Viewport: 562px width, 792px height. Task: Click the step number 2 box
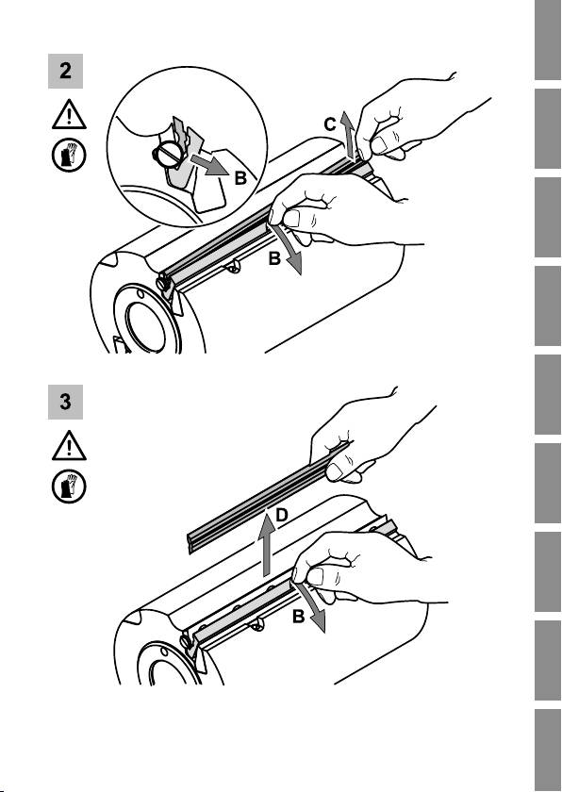[65, 72]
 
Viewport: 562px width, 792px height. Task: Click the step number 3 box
[65, 402]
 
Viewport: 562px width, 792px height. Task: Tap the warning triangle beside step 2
[69, 115]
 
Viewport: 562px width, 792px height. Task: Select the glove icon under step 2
[69, 156]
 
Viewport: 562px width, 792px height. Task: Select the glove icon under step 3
[69, 487]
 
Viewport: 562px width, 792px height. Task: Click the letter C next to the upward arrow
[330, 124]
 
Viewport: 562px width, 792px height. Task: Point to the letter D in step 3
[282, 515]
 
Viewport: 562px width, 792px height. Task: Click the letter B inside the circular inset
[240, 178]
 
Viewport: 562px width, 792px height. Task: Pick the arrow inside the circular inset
[209, 165]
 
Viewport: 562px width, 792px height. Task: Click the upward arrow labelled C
[347, 134]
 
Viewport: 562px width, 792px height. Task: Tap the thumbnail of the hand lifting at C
[380, 145]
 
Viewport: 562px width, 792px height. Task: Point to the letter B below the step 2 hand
[274, 258]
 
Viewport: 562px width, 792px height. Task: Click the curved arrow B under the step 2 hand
[289, 249]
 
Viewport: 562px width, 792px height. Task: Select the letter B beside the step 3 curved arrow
[298, 617]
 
